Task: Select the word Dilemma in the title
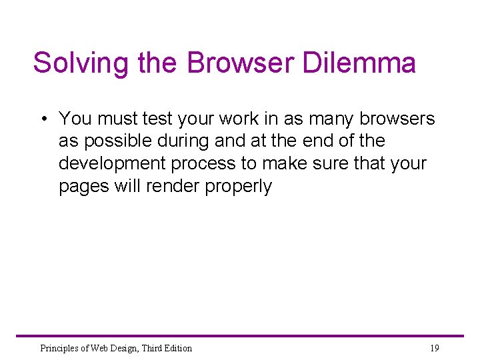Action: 359,63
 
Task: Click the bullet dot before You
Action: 42,119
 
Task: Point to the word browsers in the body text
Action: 397,119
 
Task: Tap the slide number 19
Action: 434,348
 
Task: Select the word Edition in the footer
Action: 175,348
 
